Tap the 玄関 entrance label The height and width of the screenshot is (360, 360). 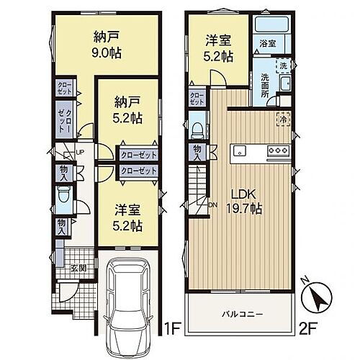point(78,269)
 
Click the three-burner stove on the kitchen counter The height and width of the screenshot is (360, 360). point(277,150)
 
